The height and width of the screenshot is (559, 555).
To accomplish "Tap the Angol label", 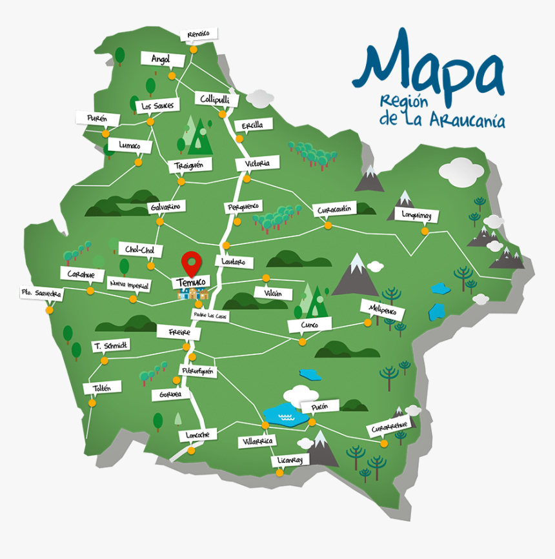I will click(159, 59).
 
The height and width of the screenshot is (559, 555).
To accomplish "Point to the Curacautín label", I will click(334, 209).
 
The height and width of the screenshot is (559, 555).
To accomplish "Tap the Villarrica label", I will click(256, 441).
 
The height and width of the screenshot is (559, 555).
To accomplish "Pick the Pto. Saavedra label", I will click(41, 293).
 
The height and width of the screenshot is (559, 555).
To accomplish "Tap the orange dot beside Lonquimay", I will click(424, 231).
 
